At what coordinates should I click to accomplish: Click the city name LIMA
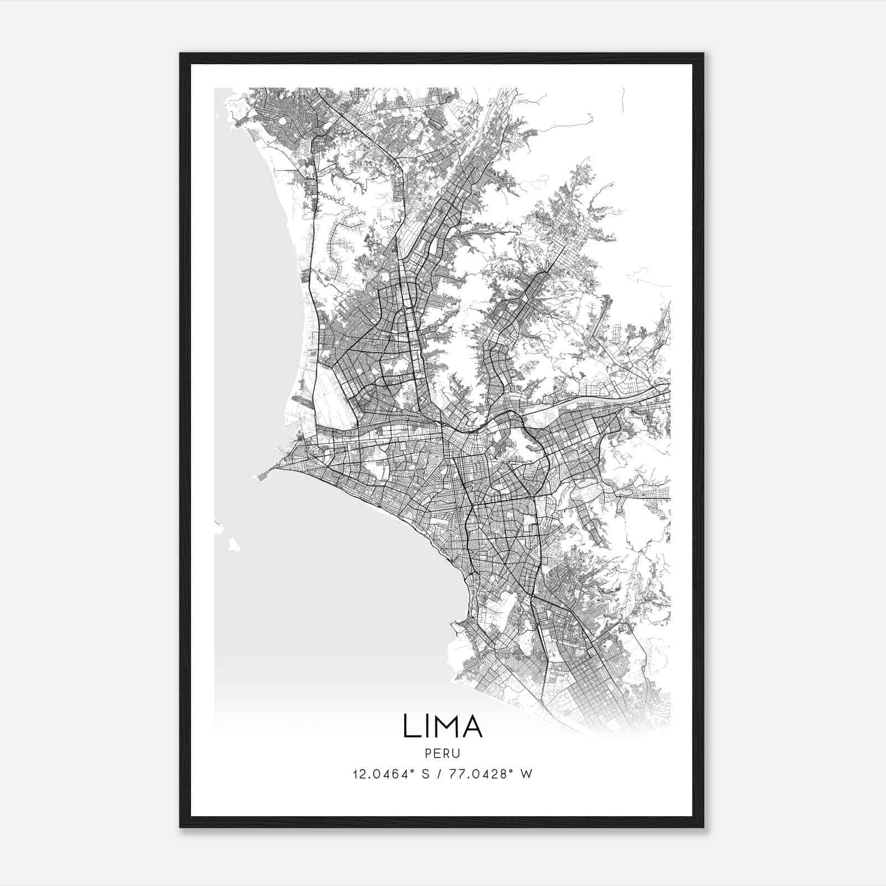442,726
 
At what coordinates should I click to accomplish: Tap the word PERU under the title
442,753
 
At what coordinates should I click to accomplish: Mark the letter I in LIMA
427,726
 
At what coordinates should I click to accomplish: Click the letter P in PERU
429,753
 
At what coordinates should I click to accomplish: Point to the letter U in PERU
456,753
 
